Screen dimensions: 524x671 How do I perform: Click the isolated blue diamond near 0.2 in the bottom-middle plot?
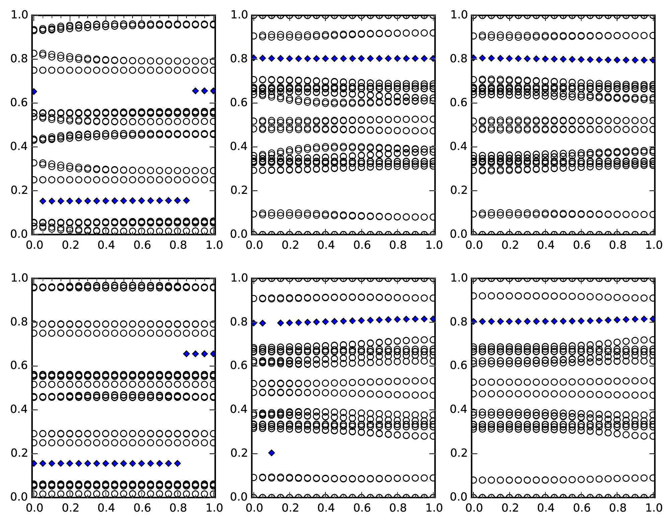pyautogui.click(x=272, y=453)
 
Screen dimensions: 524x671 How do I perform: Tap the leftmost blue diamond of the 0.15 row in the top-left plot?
pyautogui.click(x=43, y=201)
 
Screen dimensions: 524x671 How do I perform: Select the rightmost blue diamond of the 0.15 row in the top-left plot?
pyautogui.click(x=187, y=201)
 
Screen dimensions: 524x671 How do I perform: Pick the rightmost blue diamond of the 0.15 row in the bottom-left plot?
pyautogui.click(x=177, y=463)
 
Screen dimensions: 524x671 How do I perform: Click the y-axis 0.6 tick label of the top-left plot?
pyautogui.click(x=19, y=103)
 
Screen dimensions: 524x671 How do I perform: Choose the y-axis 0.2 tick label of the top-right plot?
pyautogui.click(x=459, y=191)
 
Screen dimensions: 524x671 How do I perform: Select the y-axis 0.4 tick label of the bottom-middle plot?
pyautogui.click(x=239, y=409)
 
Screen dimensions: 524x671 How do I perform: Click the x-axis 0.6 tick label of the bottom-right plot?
pyautogui.click(x=582, y=508)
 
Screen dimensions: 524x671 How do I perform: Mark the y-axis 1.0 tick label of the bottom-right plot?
pyautogui.click(x=459, y=278)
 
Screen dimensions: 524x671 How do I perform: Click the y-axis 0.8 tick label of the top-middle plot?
pyautogui.click(x=239, y=59)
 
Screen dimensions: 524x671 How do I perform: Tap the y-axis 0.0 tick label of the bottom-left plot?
pyautogui.click(x=19, y=497)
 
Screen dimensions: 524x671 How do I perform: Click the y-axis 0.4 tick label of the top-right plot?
pyautogui.click(x=459, y=147)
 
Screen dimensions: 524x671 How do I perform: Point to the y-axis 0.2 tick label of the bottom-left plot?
pyautogui.click(x=19, y=453)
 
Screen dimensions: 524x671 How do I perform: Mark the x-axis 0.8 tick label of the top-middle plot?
pyautogui.click(x=397, y=245)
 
